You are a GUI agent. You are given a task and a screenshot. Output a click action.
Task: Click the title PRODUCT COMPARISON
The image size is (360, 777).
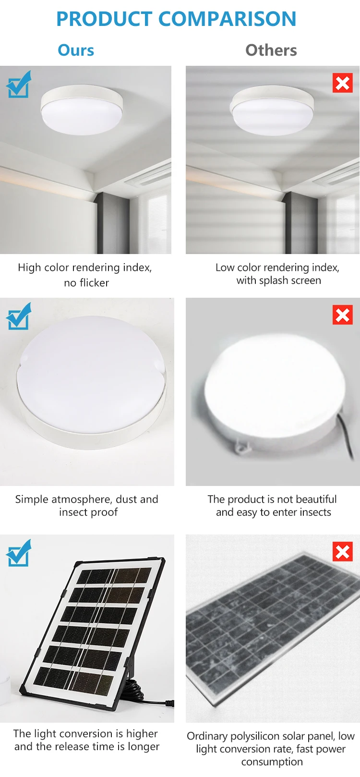[x=176, y=19]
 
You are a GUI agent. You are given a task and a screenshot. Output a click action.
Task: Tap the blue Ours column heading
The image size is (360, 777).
[x=76, y=50]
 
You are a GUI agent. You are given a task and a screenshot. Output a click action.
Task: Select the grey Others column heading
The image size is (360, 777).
[x=271, y=50]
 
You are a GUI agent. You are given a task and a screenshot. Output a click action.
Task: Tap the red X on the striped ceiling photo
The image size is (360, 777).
[x=342, y=83]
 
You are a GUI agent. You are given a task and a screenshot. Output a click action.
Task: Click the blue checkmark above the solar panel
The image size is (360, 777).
[x=19, y=553]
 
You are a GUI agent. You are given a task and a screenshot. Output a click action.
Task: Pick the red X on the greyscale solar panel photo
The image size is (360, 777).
[x=342, y=551]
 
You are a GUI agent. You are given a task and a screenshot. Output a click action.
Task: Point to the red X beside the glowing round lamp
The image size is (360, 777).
[x=342, y=315]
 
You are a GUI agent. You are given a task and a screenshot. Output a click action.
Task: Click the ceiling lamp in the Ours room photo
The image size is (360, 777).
[x=82, y=110]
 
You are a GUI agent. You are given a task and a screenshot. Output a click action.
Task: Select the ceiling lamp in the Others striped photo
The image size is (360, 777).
[x=272, y=110]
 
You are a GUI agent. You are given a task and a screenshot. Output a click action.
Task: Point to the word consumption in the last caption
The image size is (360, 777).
[x=272, y=762]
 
